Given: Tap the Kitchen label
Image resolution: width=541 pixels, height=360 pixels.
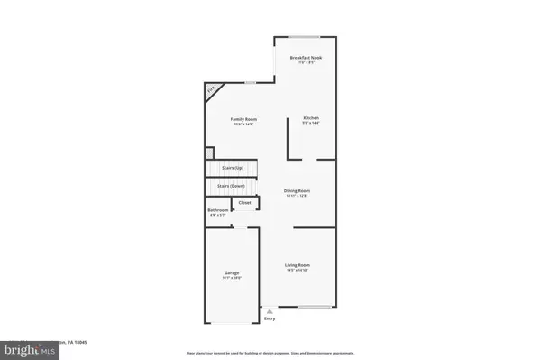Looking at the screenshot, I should pyautogui.click(x=310, y=118).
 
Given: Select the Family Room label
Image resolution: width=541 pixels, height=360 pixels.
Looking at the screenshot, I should pyautogui.click(x=239, y=119).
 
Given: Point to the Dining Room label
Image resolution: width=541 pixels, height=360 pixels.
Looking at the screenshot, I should pyautogui.click(x=297, y=190).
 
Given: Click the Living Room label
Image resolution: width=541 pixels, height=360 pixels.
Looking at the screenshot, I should pyautogui.click(x=298, y=265).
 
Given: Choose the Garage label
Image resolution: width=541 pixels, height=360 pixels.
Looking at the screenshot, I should pyautogui.click(x=232, y=272).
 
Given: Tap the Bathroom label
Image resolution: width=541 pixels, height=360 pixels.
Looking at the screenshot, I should pyautogui.click(x=218, y=210).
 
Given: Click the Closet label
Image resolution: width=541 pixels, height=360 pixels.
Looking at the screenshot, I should pyautogui.click(x=244, y=203).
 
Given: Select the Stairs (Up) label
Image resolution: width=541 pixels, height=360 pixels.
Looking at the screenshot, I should pyautogui.click(x=233, y=168).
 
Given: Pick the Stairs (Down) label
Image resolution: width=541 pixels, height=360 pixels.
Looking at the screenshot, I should pyautogui.click(x=232, y=186).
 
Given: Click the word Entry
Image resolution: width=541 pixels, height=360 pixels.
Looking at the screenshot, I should pyautogui.click(x=270, y=318).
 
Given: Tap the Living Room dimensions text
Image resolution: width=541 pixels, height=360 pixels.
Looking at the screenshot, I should pyautogui.click(x=298, y=271).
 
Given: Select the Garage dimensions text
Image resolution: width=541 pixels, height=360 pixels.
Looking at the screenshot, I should pyautogui.click(x=232, y=278).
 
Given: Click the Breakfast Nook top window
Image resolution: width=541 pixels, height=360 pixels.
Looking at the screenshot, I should pyautogui.click(x=305, y=37).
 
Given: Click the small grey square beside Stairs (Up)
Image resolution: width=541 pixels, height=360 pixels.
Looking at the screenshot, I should pyautogui.click(x=209, y=152).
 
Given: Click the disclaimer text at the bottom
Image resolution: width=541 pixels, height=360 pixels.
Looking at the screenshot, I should pyautogui.click(x=270, y=352).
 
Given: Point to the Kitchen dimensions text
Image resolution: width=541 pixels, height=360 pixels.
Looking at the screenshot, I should pyautogui.click(x=310, y=124).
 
